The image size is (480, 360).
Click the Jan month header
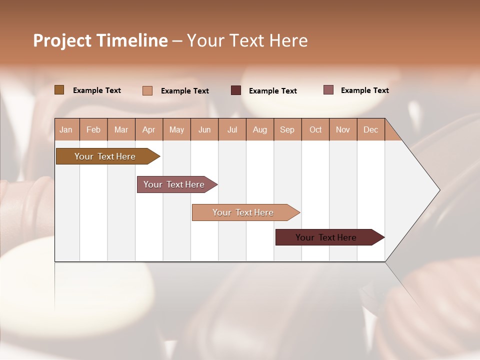click(x=66, y=129)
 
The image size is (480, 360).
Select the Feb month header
click(x=93, y=129)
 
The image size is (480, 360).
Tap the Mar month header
click(x=121, y=129)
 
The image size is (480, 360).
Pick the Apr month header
click(x=149, y=129)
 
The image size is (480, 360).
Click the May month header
click(x=176, y=129)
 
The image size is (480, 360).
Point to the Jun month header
click(x=204, y=129)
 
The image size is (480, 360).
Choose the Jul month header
click(x=232, y=129)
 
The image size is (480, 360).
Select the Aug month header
click(x=260, y=129)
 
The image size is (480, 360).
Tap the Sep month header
click(x=287, y=129)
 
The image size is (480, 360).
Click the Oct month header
click(x=315, y=129)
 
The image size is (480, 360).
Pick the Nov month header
click(x=343, y=129)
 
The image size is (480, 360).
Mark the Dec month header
click(x=371, y=129)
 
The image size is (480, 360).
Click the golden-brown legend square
click(x=59, y=90)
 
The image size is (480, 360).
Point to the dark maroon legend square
click(x=236, y=90)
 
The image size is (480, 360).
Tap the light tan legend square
click(x=147, y=90)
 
